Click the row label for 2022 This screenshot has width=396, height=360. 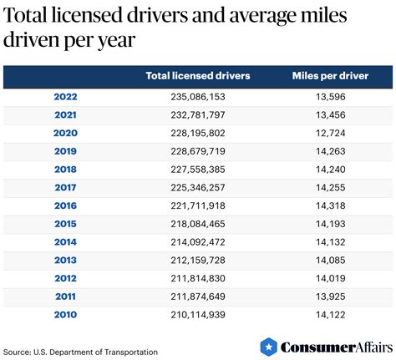(x=65, y=96)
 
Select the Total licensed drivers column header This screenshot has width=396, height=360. (x=197, y=76)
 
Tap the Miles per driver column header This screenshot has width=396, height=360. (x=329, y=76)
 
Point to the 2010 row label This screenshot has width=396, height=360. (x=65, y=314)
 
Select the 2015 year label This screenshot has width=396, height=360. (x=65, y=224)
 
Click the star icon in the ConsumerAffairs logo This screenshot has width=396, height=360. (x=268, y=346)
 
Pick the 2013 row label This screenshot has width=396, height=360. (x=65, y=260)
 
